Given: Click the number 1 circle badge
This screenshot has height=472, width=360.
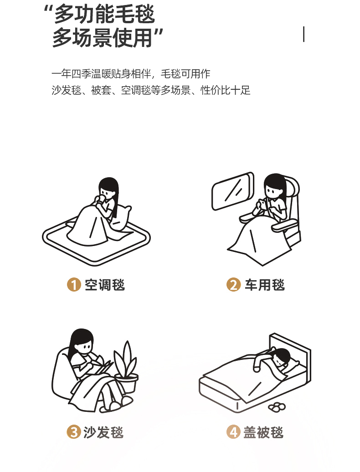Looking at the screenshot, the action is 74,284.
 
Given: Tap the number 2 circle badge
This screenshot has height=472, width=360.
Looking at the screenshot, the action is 234,284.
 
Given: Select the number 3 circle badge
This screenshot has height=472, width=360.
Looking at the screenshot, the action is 74,432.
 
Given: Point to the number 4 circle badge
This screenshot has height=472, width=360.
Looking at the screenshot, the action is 234,432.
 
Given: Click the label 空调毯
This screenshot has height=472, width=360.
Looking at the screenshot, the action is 105,285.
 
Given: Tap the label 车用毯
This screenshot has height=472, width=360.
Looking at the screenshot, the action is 265,285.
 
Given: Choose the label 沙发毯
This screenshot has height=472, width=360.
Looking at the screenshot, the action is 103,432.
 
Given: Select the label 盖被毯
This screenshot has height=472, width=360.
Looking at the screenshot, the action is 263,432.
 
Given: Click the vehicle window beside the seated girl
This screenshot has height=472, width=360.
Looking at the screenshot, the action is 233,191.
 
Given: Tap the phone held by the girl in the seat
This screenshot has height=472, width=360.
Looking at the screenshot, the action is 263,204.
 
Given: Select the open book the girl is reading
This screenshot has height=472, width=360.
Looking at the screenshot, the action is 101,366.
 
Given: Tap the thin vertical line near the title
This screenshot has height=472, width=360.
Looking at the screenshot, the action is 303,34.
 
